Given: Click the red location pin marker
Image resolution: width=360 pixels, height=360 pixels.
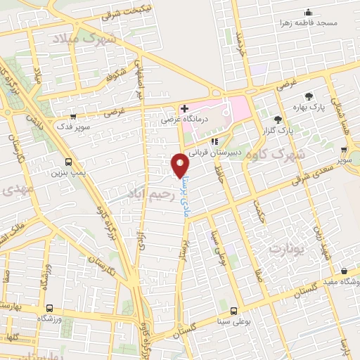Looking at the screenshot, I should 181,165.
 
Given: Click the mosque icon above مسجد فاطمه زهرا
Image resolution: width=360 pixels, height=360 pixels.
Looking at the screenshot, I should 308,12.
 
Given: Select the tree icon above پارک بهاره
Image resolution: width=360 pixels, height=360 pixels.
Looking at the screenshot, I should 309,96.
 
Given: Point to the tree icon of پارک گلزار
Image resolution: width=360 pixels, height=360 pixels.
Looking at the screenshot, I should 278,120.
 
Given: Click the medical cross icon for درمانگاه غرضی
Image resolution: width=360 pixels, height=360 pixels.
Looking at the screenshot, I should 184,109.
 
